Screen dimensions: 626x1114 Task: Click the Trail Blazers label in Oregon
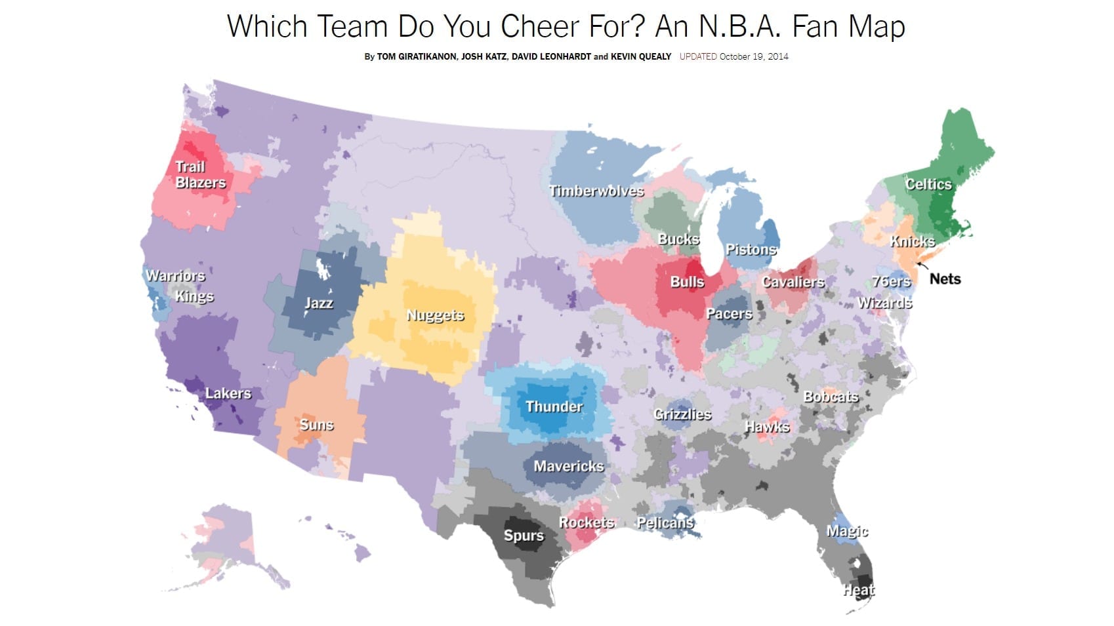pyautogui.click(x=200, y=175)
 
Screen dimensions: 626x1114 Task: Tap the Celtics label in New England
pyautogui.click(x=928, y=184)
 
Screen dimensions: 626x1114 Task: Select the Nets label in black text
pyautogui.click(x=945, y=279)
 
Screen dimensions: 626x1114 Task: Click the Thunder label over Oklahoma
pyautogui.click(x=554, y=406)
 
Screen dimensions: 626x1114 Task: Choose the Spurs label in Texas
pyautogui.click(x=524, y=536)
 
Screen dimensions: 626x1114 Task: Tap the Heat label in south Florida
pyautogui.click(x=859, y=590)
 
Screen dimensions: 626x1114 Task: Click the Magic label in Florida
pyautogui.click(x=847, y=531)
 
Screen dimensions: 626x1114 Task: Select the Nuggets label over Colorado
pyautogui.click(x=435, y=315)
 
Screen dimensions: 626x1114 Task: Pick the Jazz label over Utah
pyautogui.click(x=318, y=303)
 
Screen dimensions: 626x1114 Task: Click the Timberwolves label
pyautogui.click(x=596, y=191)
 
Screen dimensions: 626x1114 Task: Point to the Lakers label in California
pyautogui.click(x=228, y=393)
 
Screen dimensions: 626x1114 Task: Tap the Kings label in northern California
pyautogui.click(x=194, y=296)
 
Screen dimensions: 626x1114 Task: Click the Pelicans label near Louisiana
pyautogui.click(x=665, y=522)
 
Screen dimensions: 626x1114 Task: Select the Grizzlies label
pyautogui.click(x=682, y=414)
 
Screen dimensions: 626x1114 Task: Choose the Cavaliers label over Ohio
pyautogui.click(x=793, y=282)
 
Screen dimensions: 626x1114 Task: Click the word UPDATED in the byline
pyautogui.click(x=698, y=56)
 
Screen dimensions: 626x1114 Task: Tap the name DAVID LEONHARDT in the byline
pyautogui.click(x=551, y=56)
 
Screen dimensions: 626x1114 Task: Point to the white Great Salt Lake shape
pyautogui.click(x=321, y=268)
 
